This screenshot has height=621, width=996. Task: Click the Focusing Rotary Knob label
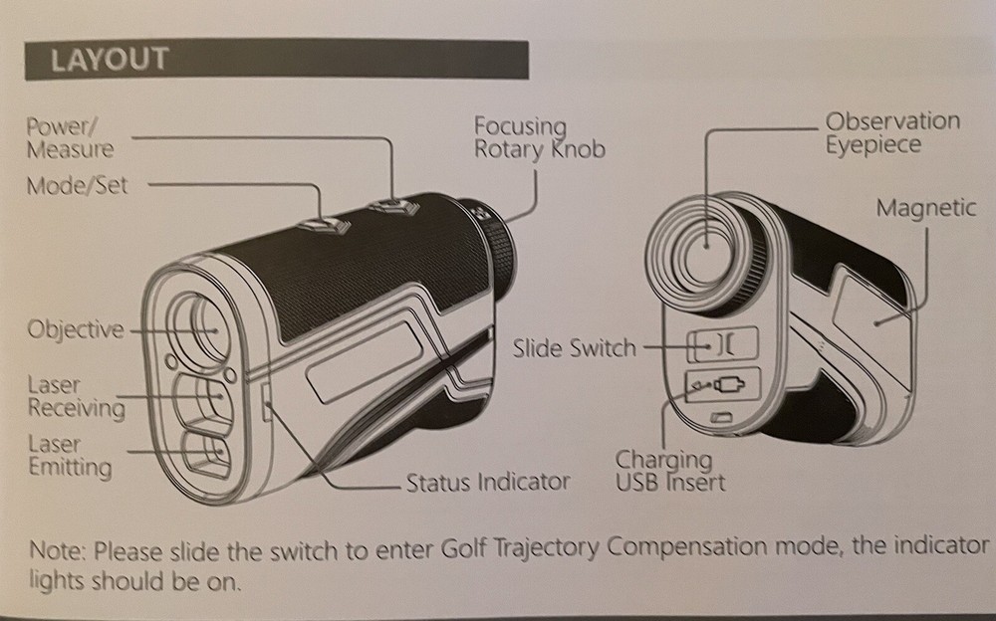[x=538, y=137]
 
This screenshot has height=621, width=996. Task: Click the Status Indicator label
[x=487, y=484]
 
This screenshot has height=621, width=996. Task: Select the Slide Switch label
[x=574, y=347]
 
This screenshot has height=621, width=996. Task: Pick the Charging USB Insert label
[x=668, y=472]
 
